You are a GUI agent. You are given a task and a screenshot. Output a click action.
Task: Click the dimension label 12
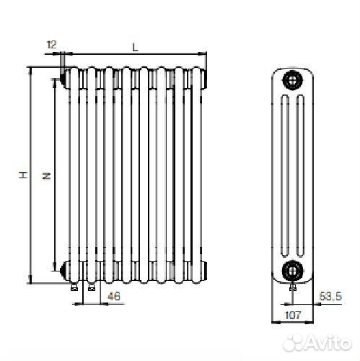coord(51,45)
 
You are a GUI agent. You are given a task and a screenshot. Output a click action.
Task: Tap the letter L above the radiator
coord(136,47)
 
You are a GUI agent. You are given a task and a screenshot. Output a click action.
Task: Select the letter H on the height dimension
coord(23,175)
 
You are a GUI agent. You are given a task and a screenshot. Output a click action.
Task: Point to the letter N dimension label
coord(47,175)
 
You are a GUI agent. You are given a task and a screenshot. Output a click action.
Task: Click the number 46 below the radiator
coord(113,296)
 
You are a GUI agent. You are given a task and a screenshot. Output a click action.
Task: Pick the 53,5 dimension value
coord(330,296)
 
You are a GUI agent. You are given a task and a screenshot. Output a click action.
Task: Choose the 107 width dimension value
coord(292,315)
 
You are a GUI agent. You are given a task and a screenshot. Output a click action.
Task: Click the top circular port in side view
coord(292,80)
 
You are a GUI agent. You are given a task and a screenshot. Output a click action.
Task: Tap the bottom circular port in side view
coord(292,271)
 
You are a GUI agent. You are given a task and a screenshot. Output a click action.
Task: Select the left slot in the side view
coord(285,176)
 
